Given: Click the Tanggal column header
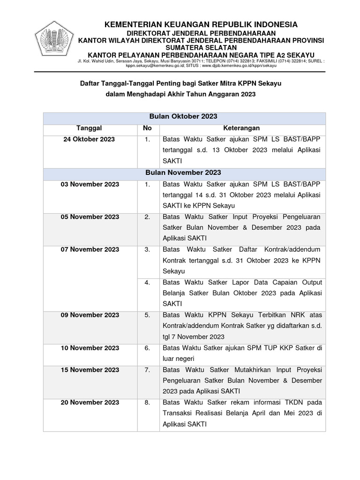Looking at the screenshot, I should (89, 128).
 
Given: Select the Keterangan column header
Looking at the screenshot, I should (241, 128).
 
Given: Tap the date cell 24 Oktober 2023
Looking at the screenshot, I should (89, 140).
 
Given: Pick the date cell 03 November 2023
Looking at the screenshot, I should (90, 185).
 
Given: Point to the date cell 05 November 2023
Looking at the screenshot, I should (90, 217).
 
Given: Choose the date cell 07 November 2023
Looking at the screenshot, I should (90, 250).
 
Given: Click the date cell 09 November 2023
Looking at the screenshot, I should (90, 315).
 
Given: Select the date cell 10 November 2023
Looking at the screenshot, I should (90, 348).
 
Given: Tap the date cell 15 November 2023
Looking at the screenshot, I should (90, 370).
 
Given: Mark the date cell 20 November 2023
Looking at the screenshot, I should (90, 403).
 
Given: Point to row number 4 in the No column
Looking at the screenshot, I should (147, 283).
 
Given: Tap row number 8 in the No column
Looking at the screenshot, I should (147, 403).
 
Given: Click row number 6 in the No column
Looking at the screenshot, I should (147, 348).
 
